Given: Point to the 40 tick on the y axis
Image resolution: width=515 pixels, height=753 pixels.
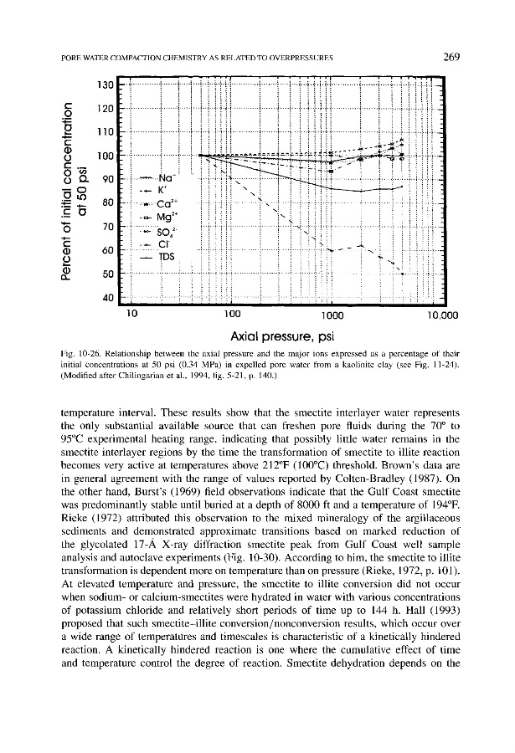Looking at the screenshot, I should (106, 298).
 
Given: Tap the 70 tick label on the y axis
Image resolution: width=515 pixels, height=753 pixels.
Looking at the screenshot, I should (106, 227).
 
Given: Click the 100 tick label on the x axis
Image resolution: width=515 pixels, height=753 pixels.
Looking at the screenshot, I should (224, 315).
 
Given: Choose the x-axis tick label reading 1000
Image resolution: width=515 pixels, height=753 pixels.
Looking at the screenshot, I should (333, 315).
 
